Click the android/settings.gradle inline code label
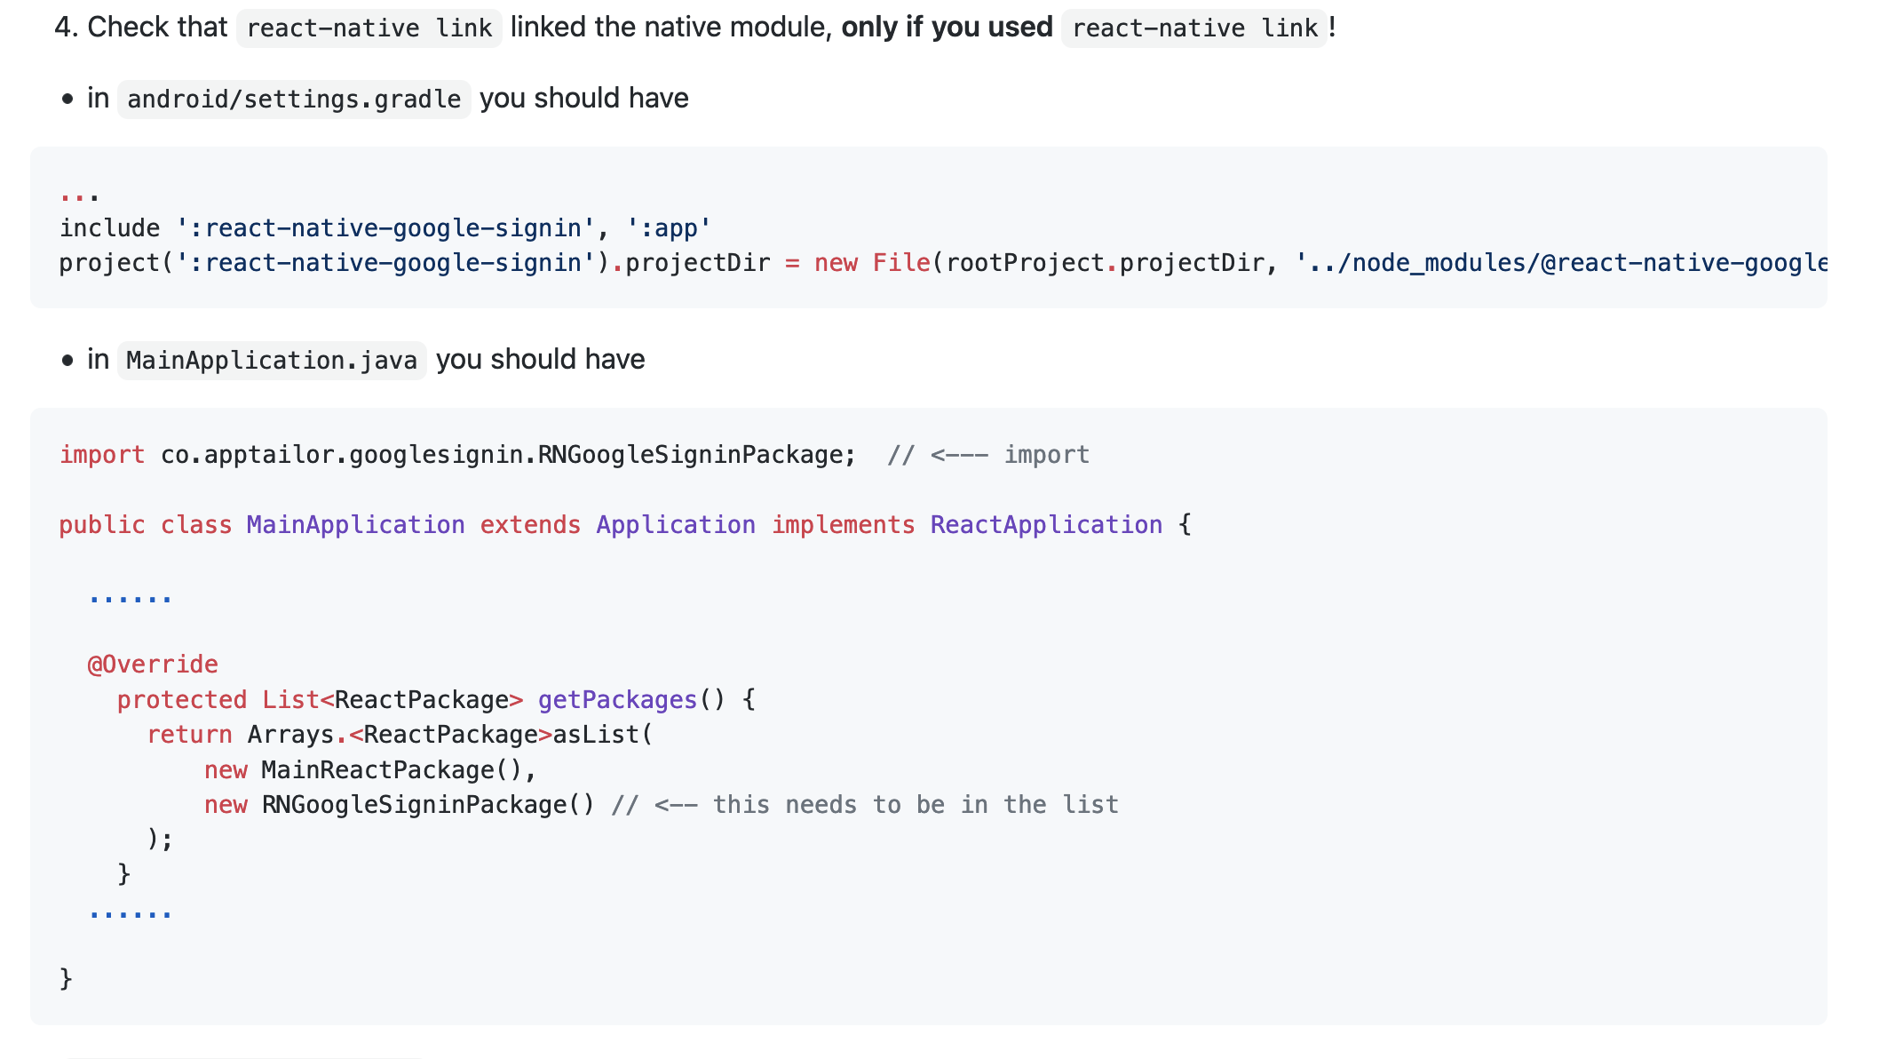tap(294, 99)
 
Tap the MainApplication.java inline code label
tap(272, 361)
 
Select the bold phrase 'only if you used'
tap(947, 28)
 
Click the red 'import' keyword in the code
tap(102, 455)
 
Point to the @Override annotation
tap(153, 665)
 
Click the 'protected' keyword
tap(182, 700)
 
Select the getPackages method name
tap(617, 700)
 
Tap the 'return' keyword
tap(189, 735)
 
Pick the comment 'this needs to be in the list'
tap(915, 805)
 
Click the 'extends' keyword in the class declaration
tap(530, 525)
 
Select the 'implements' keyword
tap(843, 525)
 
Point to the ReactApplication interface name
tap(1046, 525)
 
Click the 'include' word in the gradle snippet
tap(110, 228)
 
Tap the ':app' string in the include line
tap(669, 228)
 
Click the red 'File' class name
tap(901, 263)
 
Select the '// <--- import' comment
tap(987, 455)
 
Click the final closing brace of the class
tap(67, 979)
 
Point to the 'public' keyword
tap(102, 525)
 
